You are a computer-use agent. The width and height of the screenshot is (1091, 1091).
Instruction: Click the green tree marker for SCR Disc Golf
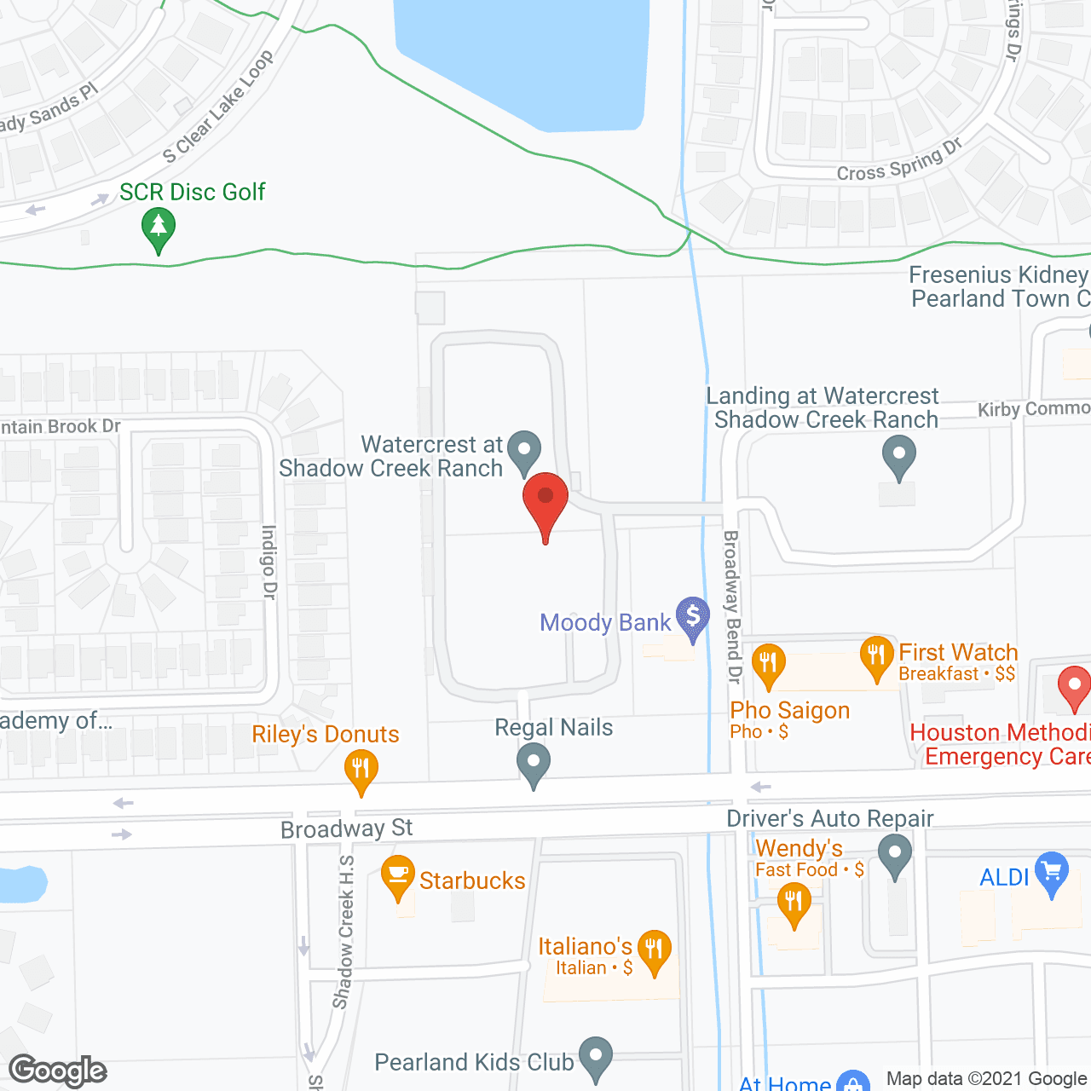click(x=158, y=228)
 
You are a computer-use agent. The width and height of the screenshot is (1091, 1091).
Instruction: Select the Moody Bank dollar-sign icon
click(x=693, y=615)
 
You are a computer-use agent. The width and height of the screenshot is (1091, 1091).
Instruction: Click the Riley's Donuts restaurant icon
click(x=361, y=770)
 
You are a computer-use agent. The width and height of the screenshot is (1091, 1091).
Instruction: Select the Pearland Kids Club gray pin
click(x=596, y=1057)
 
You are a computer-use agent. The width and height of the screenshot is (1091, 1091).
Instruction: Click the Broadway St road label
click(x=347, y=828)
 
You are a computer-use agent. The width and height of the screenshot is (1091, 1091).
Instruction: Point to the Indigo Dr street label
click(x=269, y=563)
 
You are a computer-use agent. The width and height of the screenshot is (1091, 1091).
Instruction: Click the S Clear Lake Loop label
click(x=219, y=107)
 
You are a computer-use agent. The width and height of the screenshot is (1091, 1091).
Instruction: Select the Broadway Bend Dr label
click(x=732, y=607)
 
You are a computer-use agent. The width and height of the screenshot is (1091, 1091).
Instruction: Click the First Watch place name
click(x=958, y=652)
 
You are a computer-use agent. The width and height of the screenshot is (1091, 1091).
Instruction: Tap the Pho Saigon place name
click(x=790, y=710)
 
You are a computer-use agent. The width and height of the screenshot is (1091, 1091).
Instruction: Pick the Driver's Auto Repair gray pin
click(x=895, y=854)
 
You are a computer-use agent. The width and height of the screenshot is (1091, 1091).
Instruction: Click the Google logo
click(x=58, y=1071)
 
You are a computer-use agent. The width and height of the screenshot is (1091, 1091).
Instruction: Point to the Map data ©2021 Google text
click(x=986, y=1079)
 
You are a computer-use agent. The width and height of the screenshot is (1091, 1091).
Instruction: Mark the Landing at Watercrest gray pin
click(x=898, y=456)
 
